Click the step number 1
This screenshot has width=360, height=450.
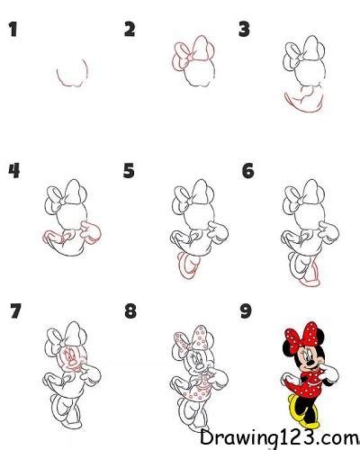[x=13, y=31]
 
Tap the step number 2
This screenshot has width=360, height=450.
[x=130, y=31]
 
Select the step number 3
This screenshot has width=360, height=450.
[x=243, y=31]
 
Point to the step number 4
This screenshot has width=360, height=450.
[x=13, y=170]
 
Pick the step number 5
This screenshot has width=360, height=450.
[x=130, y=170]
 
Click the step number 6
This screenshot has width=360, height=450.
[x=247, y=170]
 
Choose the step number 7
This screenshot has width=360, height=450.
[x=13, y=312]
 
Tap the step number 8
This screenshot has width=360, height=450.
[x=130, y=312]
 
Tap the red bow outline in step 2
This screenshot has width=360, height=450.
[x=188, y=52]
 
